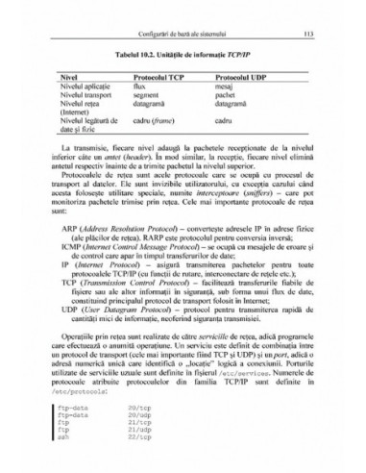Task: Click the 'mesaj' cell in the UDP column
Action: (x=225, y=84)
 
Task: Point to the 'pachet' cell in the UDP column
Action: (x=226, y=93)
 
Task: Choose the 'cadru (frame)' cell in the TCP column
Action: (x=155, y=122)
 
